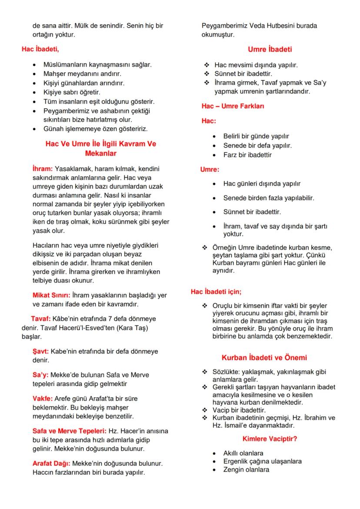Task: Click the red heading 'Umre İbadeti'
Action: click(270, 49)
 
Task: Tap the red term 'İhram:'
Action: click(43, 168)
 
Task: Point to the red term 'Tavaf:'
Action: click(41, 319)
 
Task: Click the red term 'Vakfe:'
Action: click(43, 398)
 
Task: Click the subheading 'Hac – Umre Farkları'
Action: click(233, 106)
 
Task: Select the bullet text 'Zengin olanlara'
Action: click(246, 469)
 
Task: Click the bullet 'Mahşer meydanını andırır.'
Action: click(82, 73)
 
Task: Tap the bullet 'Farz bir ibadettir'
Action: click(247, 155)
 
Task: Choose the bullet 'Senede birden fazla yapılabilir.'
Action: click(268, 198)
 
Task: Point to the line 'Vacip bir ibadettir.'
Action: click(239, 410)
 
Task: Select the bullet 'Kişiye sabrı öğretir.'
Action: click(72, 92)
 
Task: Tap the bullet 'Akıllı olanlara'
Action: click(243, 453)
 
